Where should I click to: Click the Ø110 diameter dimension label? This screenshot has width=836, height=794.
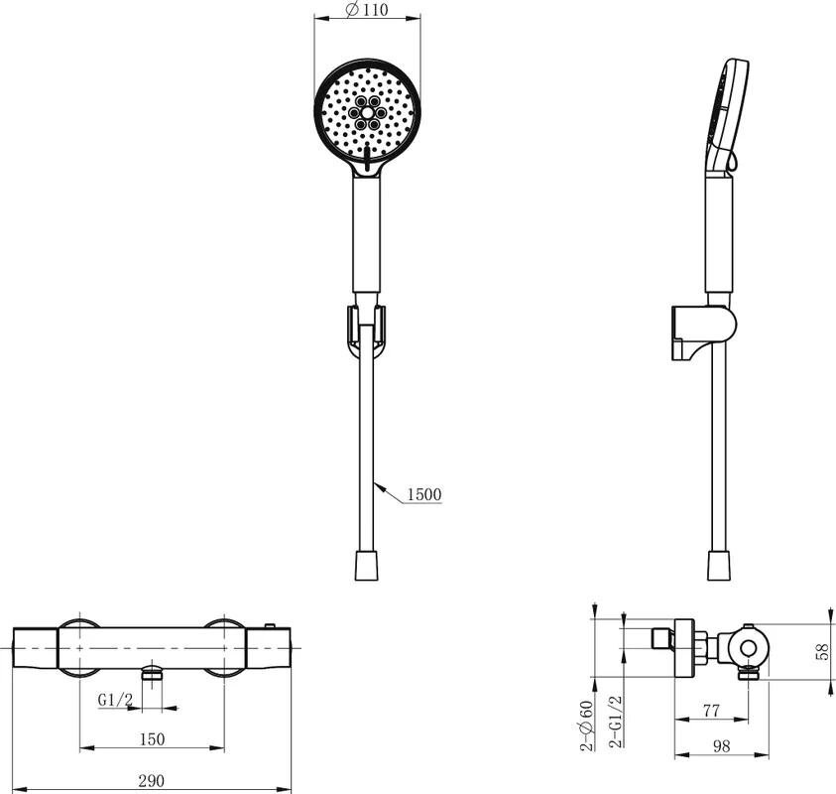coord(367,10)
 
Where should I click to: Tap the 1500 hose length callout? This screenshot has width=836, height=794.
coord(424,494)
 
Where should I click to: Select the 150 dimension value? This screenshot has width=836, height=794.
coord(152,739)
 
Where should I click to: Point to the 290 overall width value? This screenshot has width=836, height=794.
coord(152,781)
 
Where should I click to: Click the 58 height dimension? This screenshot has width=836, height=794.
coord(823,651)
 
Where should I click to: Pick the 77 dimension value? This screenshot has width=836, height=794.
coord(711,711)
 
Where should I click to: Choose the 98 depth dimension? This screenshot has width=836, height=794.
coord(721,746)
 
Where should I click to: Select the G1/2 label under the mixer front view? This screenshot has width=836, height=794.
coord(115,700)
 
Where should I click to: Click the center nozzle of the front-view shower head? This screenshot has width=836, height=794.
coord(367,112)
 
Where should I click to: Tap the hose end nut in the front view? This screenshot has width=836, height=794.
coord(367,566)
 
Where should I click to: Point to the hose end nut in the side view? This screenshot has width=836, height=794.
coord(719,566)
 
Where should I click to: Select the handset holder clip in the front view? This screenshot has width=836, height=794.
coord(366,331)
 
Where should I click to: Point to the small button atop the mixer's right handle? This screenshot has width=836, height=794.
coord(271,626)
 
